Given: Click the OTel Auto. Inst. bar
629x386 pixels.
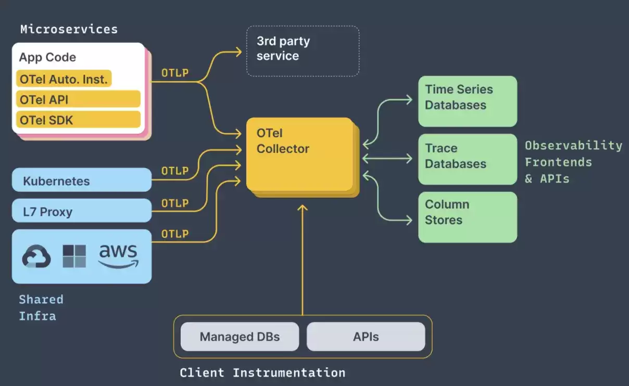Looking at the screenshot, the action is click(64, 79).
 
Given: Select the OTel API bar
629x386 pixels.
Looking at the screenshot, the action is click(78, 99).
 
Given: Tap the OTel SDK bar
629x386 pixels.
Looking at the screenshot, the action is click(78, 120).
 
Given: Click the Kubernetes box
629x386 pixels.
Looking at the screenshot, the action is click(82, 180).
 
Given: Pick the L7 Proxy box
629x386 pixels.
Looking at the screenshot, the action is click(82, 211).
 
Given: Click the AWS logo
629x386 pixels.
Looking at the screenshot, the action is click(118, 256).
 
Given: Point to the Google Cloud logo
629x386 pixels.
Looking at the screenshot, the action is click(36, 256).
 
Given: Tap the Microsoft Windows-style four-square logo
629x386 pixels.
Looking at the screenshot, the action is click(74, 256).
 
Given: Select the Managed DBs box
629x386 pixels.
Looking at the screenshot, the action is click(240, 337).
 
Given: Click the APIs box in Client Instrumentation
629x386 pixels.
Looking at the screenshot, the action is click(366, 337).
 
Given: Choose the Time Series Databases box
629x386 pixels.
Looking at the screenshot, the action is click(468, 101).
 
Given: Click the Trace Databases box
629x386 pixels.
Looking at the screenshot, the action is click(468, 159).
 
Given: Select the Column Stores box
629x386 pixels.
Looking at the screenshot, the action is click(468, 217).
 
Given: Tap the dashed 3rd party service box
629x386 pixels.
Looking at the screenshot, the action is click(303, 51).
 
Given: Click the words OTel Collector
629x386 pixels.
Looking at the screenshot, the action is click(283, 141).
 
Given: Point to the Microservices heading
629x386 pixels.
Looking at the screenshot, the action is click(69, 30).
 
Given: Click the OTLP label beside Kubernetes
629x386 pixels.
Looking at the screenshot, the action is click(175, 171).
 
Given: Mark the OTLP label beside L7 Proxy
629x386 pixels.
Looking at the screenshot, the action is click(175, 203).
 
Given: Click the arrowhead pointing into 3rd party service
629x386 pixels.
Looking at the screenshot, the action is click(239, 52).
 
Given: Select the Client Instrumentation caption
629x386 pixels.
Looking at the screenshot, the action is click(262, 373).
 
